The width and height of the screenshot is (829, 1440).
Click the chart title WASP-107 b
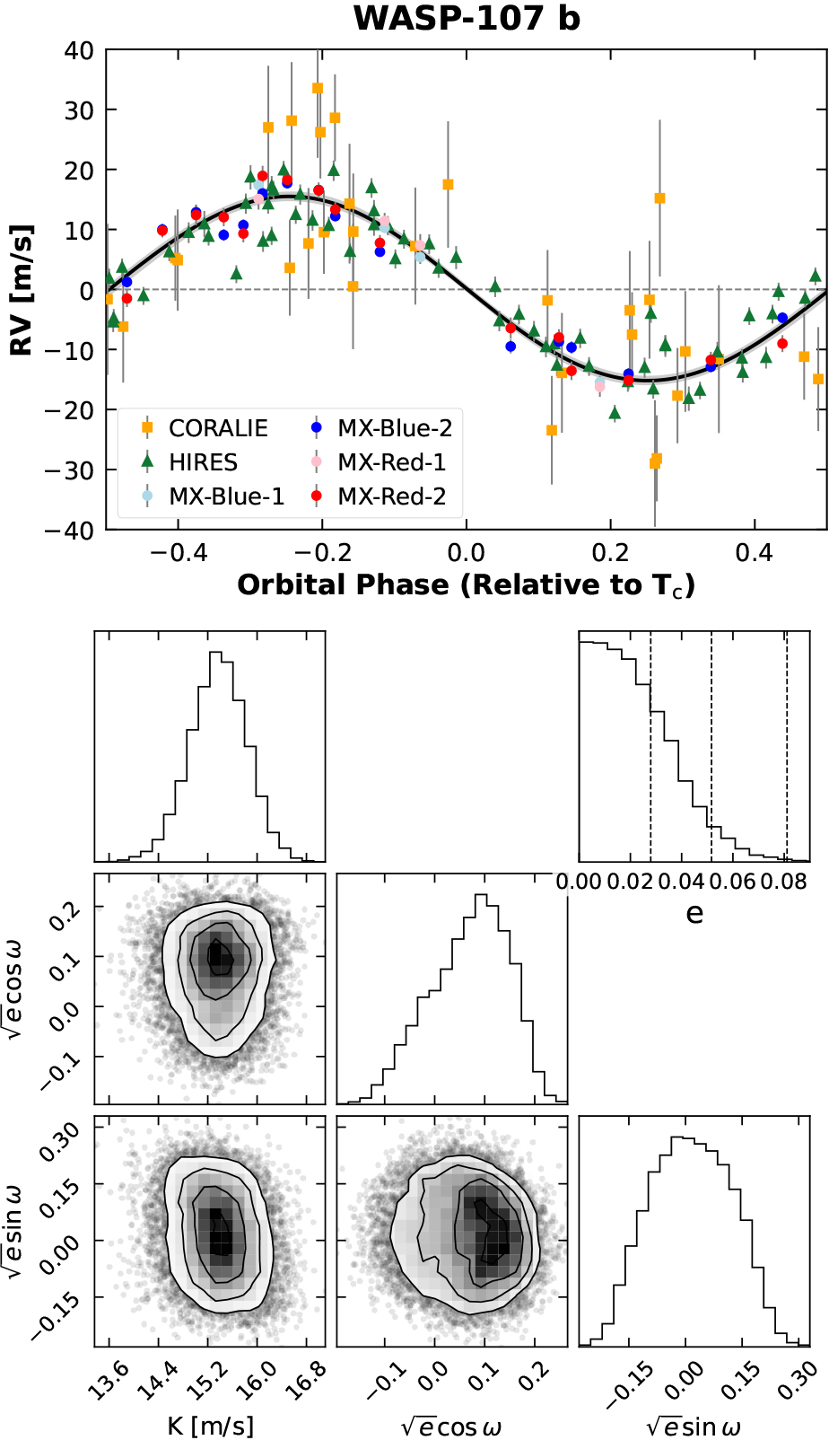(467, 18)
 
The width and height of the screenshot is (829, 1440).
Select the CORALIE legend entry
(218, 428)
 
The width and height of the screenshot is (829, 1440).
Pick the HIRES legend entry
(203, 462)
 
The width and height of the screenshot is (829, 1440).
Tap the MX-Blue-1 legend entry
(226, 496)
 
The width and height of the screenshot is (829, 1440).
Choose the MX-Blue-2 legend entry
(395, 428)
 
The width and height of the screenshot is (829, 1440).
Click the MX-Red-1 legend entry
(391, 462)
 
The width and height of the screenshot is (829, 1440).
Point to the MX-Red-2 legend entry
(391, 496)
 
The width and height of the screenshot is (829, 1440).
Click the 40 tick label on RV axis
(79, 51)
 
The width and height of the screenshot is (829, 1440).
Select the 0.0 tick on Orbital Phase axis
(466, 551)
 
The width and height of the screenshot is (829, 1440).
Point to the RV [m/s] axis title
(22, 290)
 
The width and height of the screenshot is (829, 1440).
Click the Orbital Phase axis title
(466, 585)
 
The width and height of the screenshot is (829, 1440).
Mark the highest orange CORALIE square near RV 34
(318, 88)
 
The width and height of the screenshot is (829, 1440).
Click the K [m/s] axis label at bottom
(210, 1426)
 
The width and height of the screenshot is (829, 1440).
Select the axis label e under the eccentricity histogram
(694, 914)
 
